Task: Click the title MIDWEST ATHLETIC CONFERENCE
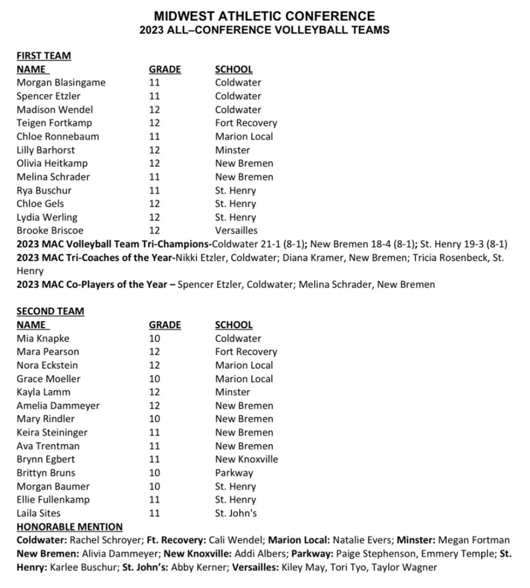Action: click(x=264, y=17)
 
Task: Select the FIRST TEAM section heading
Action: click(x=44, y=56)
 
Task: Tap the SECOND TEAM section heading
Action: click(x=50, y=311)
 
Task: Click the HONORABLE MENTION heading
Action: click(x=70, y=526)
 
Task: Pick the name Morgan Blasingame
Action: click(x=61, y=83)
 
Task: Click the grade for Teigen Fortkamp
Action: click(x=155, y=123)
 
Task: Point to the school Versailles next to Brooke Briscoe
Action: click(x=236, y=230)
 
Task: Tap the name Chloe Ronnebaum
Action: click(x=57, y=137)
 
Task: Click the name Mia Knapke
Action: click(x=43, y=339)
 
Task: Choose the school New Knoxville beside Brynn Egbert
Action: click(x=247, y=459)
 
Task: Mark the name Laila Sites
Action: click(x=39, y=513)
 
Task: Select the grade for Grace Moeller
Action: click(x=155, y=379)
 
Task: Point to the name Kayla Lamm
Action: click(x=44, y=392)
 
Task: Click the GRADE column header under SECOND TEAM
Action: click(x=165, y=325)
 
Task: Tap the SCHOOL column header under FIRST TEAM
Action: click(x=234, y=70)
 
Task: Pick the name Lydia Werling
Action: click(x=47, y=217)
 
